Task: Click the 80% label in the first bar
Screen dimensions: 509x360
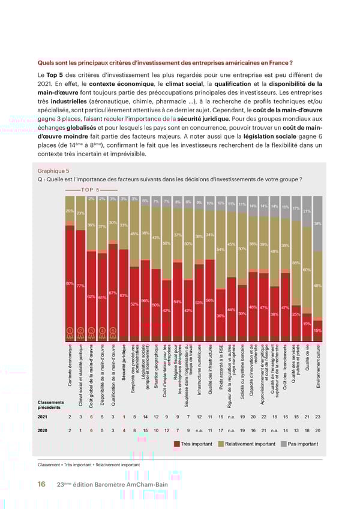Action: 70,283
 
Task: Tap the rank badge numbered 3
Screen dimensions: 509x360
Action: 92,330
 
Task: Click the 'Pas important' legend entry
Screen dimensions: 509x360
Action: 299,444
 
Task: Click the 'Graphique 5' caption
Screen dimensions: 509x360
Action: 53,170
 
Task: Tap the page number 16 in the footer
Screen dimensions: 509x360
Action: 41,484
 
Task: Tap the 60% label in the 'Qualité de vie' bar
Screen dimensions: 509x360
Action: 307,270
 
